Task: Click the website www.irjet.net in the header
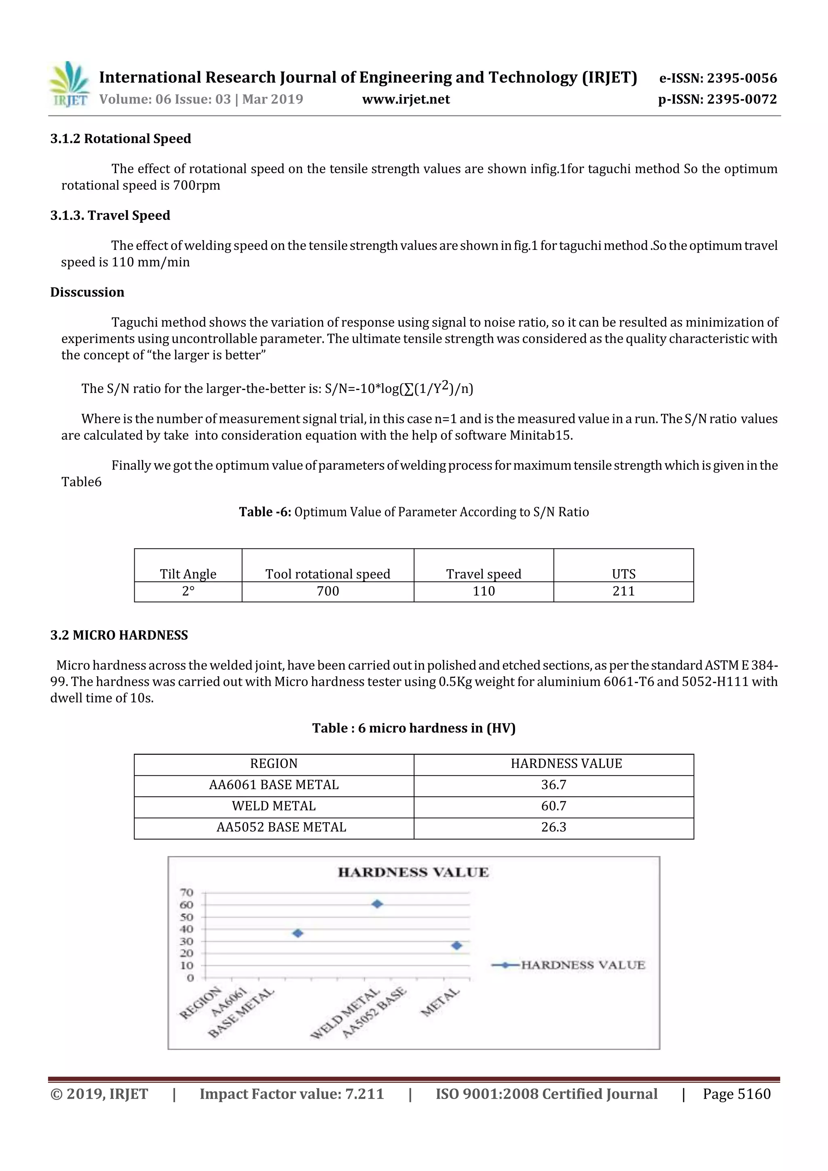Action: (406, 99)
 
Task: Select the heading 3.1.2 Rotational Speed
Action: (120, 139)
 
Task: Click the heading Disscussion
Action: (87, 292)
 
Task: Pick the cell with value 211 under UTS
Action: (623, 591)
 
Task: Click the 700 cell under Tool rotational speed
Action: (327, 591)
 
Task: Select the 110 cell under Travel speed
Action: (484, 591)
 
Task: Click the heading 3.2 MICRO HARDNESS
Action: (119, 635)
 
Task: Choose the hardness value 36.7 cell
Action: (553, 785)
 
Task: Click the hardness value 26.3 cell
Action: (553, 827)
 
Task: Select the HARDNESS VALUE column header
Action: (566, 764)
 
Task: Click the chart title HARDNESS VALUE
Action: (413, 872)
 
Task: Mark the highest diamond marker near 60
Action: (377, 904)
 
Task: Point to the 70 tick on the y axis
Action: (187, 892)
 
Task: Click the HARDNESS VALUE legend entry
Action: (569, 965)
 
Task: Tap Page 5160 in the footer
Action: (736, 1094)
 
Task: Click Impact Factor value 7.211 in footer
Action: (291, 1094)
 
